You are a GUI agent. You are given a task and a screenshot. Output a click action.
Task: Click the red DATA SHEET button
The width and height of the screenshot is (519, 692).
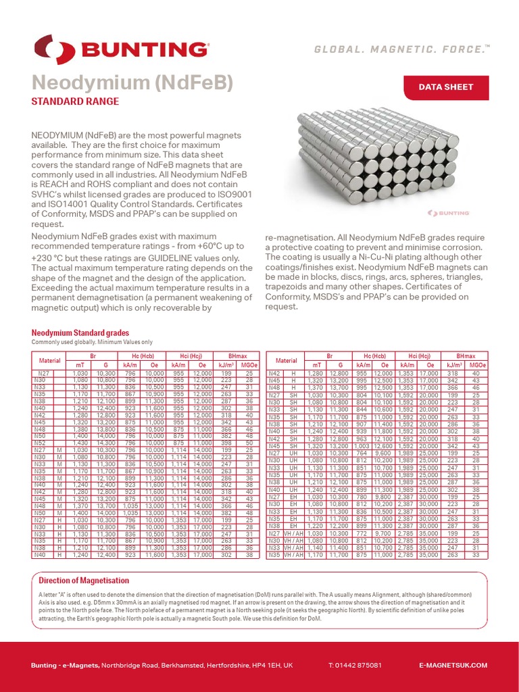point(445,87)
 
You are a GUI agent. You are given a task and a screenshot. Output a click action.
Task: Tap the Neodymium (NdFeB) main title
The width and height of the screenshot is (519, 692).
point(132,83)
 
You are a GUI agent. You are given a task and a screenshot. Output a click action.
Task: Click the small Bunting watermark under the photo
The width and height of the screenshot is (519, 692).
point(449,213)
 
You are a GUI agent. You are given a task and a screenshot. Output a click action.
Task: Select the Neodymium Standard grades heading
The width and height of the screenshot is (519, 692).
point(80,333)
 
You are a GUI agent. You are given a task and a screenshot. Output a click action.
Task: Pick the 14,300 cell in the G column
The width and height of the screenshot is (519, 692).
point(106,443)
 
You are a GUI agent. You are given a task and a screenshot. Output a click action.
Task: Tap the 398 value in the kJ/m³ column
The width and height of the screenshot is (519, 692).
point(226,443)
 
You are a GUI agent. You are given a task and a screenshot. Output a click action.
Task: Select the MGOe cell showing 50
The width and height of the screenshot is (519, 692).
point(249,443)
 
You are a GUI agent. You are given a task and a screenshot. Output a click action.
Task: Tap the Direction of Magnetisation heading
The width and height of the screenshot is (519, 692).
point(84,580)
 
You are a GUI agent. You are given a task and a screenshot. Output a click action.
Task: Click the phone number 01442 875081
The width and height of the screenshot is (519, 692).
point(355,666)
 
